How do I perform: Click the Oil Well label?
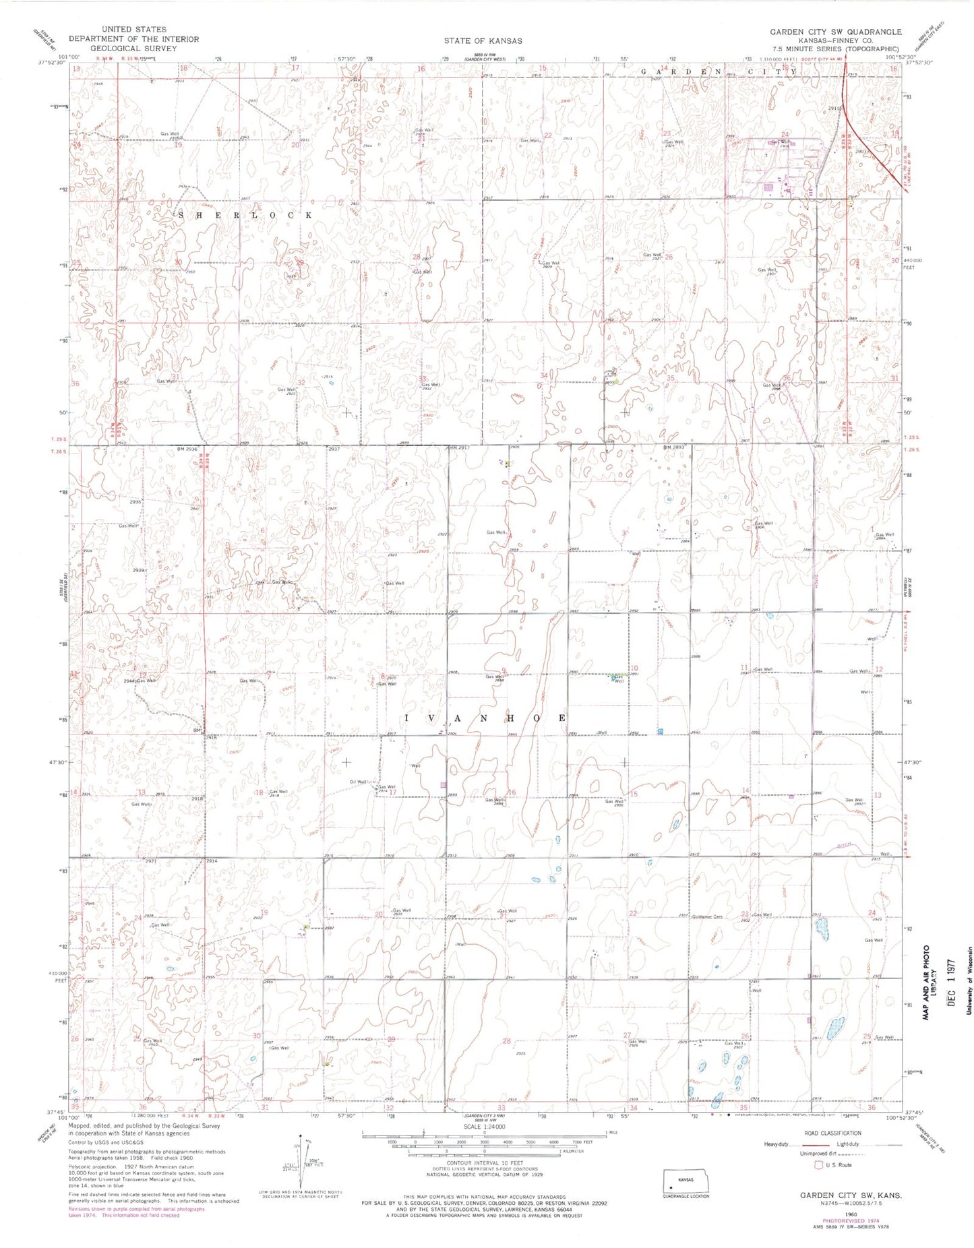[358, 782]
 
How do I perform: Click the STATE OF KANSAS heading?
[483, 41]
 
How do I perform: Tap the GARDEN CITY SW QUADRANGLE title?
[835, 32]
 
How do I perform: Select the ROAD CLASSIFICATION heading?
[832, 1133]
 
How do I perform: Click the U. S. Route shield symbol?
[818, 1164]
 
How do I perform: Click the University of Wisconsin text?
[968, 987]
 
